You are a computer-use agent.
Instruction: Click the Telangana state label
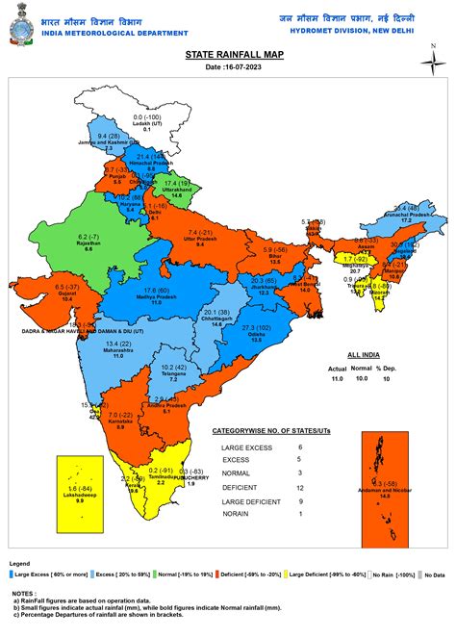(174, 374)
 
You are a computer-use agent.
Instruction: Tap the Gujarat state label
(66, 293)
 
